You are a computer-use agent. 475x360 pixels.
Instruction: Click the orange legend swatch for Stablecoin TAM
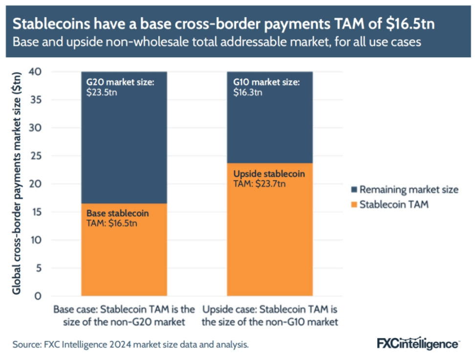(x=354, y=204)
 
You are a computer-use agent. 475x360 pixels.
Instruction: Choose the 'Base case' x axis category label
(x=124, y=315)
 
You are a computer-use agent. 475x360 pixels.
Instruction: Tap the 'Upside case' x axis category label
(x=270, y=315)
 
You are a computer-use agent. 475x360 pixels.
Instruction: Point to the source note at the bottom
(x=131, y=345)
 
